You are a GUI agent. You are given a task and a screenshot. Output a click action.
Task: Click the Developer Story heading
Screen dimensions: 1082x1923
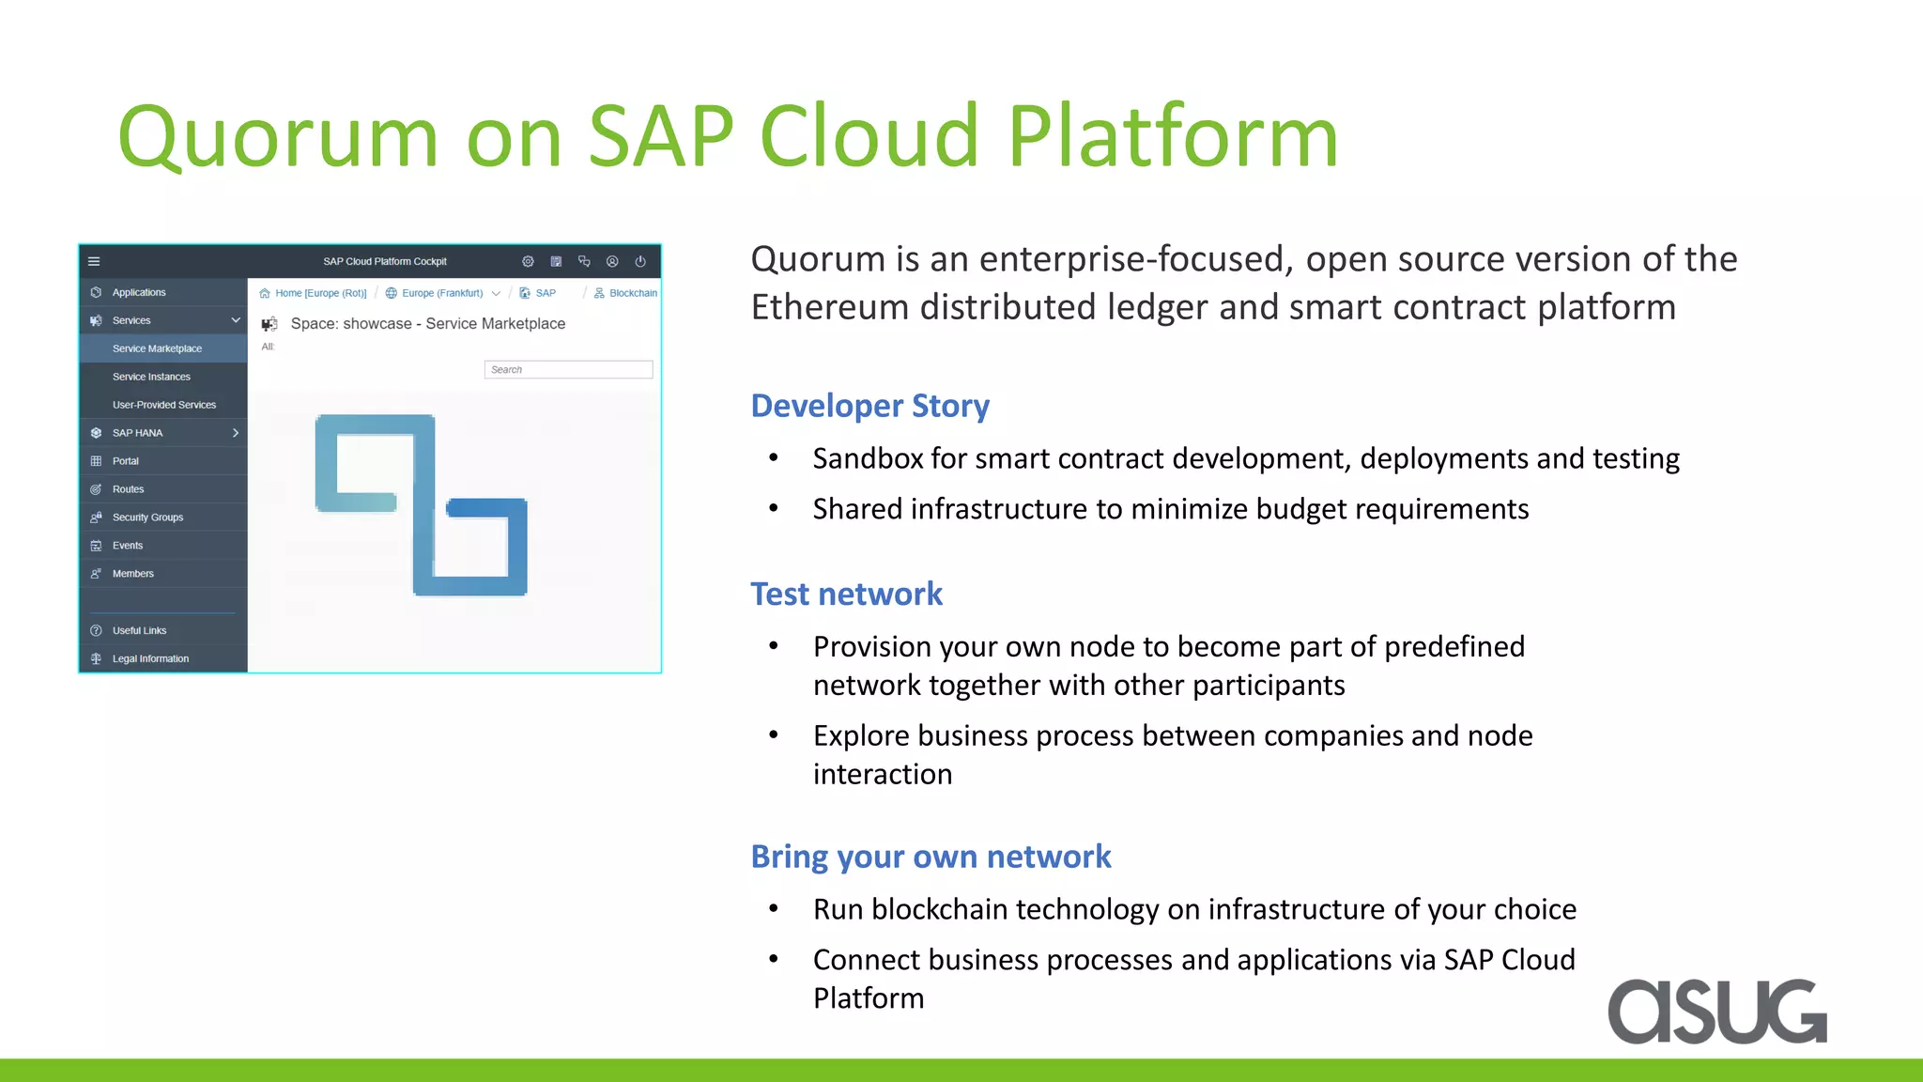869,406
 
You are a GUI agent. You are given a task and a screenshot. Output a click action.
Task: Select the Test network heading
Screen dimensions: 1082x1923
846,594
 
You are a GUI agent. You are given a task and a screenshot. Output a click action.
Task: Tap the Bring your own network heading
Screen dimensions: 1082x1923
931,857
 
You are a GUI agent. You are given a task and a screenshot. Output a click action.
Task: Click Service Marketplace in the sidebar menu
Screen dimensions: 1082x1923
157,348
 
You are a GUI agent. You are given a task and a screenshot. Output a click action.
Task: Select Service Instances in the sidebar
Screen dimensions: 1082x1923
151,377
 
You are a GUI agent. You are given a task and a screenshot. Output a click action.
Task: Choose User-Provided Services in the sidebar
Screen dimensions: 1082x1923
163,405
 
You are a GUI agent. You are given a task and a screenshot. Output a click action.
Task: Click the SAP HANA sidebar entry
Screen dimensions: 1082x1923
137,433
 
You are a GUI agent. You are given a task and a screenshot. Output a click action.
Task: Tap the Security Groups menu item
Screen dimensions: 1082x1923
147,518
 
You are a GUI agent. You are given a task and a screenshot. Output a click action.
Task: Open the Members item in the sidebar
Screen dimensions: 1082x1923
132,574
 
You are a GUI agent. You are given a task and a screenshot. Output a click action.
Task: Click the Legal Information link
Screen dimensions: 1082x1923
150,658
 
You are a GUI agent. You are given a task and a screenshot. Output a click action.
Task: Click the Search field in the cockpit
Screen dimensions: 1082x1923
568,370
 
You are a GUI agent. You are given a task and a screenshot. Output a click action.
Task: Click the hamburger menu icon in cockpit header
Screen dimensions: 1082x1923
94,262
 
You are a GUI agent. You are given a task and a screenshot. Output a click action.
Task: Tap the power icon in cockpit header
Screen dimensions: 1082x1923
640,262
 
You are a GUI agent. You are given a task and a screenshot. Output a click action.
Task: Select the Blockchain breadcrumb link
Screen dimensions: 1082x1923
632,293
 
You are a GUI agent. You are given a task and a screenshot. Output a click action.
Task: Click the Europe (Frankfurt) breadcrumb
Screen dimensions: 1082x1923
441,293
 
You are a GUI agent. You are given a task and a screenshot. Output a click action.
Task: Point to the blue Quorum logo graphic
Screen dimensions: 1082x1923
422,504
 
